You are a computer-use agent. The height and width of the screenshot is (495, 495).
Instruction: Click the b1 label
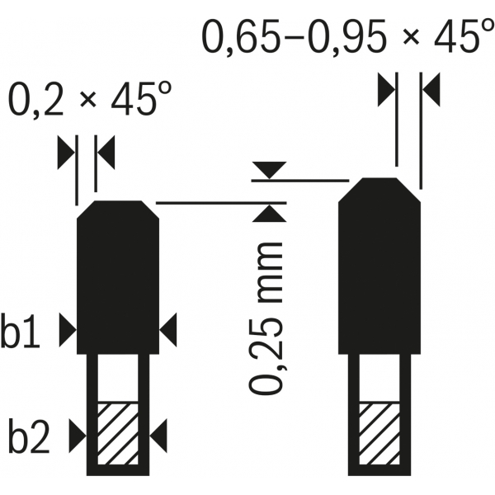pyautogui.click(x=20, y=330)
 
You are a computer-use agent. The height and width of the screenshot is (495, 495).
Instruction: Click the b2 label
pyautogui.click(x=29, y=436)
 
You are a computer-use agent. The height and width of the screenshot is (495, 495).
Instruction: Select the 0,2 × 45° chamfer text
pyautogui.click(x=90, y=98)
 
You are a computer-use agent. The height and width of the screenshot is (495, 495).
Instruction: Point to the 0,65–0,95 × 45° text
pyautogui.click(x=347, y=35)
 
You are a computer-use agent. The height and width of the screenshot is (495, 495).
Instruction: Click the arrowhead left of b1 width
pyautogui.click(x=68, y=330)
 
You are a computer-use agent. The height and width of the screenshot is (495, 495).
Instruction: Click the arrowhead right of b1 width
pyautogui.click(x=168, y=330)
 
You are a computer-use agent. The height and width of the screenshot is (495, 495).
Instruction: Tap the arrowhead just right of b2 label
pyautogui.click(x=78, y=436)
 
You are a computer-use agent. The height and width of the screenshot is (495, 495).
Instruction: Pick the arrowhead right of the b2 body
pyautogui.click(x=158, y=436)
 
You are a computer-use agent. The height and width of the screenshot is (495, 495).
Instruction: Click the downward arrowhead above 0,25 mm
pyautogui.click(x=269, y=170)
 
